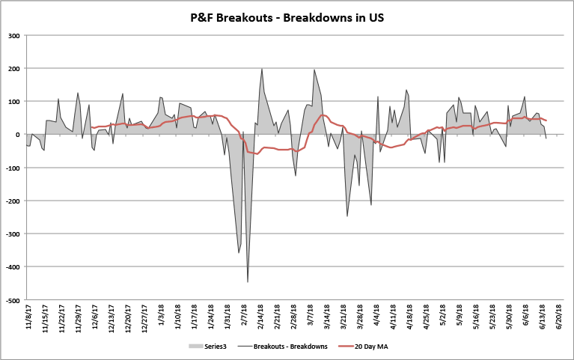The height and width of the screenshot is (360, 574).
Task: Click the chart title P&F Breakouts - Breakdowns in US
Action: pos(287,16)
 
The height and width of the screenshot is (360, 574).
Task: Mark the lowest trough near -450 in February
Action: pos(248,282)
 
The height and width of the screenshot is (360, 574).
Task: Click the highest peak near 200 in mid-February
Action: pos(262,69)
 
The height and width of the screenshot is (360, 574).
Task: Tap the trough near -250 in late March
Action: pos(347,216)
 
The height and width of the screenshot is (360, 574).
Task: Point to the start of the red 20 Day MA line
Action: pos(91,127)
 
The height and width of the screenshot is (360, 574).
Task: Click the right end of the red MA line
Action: pos(546,120)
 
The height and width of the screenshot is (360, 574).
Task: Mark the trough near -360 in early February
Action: pos(239,253)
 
